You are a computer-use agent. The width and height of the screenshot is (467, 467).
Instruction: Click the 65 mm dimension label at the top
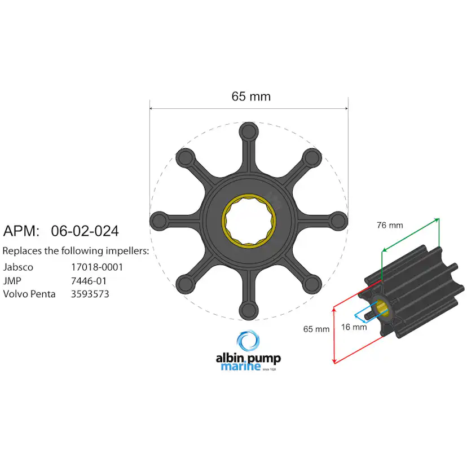click(251, 96)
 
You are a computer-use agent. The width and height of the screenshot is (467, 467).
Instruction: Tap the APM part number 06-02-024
click(85, 231)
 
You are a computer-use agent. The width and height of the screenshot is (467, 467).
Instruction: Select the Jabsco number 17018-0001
click(96, 267)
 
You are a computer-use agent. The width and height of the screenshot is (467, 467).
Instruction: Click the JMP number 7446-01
click(89, 280)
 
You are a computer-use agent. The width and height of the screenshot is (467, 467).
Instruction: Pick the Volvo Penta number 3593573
click(90, 294)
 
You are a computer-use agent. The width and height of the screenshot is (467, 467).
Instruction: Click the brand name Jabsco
click(18, 267)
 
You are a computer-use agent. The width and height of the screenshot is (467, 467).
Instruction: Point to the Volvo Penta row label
click(29, 294)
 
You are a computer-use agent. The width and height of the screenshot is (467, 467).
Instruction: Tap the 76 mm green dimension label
click(390, 225)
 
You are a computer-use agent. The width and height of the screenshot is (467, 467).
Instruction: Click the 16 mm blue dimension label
click(354, 327)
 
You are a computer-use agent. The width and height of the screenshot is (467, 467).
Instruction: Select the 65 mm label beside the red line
click(316, 329)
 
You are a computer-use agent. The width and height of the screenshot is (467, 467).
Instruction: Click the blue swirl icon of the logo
click(249, 342)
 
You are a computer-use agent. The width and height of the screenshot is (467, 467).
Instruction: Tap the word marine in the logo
click(237, 367)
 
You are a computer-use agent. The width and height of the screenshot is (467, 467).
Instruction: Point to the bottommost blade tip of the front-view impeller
click(248, 309)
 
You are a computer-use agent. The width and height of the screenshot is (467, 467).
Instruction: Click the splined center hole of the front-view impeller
click(249, 220)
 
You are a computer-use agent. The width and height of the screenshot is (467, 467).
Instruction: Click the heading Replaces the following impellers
click(76, 250)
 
